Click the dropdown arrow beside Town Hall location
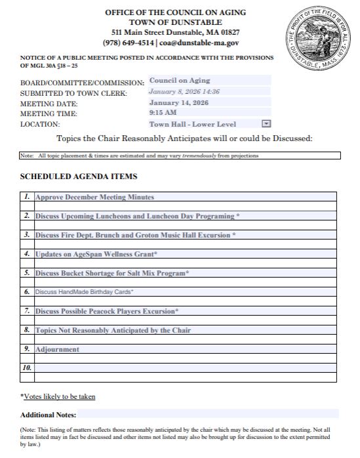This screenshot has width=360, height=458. (x=266, y=123)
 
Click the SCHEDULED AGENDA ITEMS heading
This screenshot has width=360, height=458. (x=79, y=177)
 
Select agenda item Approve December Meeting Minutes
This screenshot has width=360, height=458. (x=95, y=197)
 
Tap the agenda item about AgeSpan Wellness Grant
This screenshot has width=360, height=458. (x=96, y=253)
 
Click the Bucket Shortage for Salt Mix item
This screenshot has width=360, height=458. (x=112, y=272)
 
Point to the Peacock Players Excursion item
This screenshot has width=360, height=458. (x=107, y=310)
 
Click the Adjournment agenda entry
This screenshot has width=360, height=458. (x=57, y=349)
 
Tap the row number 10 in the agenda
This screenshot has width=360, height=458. (x=27, y=368)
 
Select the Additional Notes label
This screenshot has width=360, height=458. (x=48, y=415)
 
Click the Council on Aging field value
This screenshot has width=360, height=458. (x=179, y=80)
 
